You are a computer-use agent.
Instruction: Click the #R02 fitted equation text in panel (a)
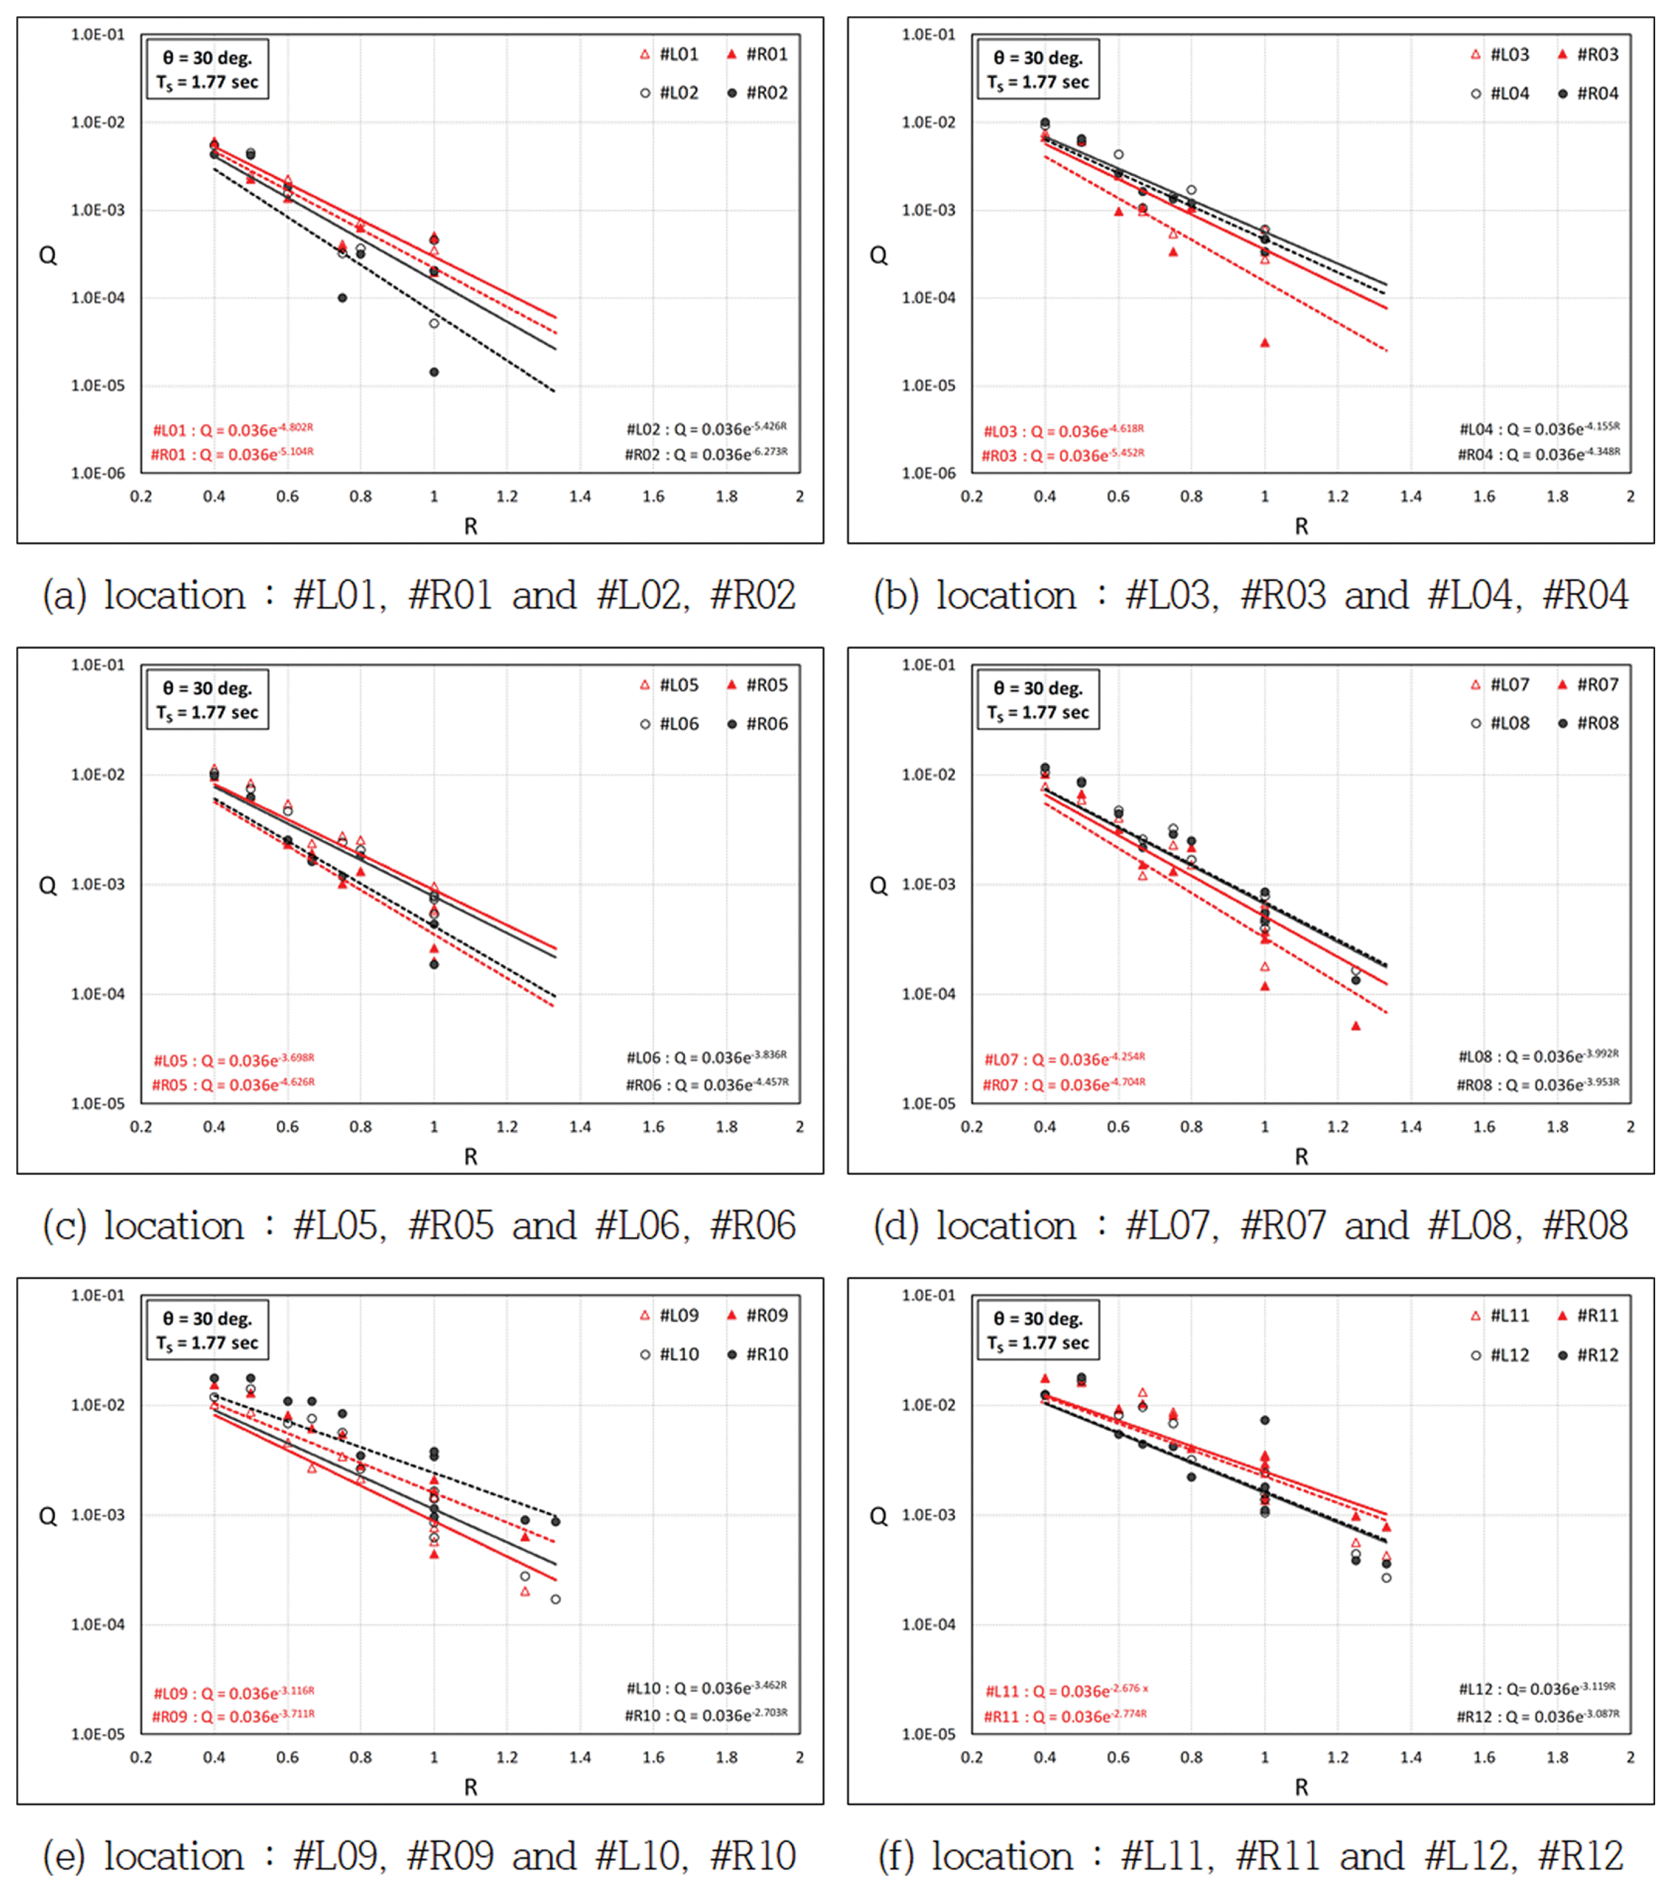705,454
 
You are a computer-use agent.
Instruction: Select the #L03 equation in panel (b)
1063,430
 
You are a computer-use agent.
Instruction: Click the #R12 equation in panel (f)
1538,1716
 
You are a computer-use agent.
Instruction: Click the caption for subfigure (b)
1250,595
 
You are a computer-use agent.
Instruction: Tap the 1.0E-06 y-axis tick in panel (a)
97,473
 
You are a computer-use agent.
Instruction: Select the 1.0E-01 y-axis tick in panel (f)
929,1295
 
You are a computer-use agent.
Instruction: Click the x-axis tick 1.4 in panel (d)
1411,1127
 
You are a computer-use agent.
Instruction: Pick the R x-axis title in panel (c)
470,1157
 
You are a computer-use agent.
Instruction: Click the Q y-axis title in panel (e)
47,1516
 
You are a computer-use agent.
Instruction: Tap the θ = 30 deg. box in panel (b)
1038,69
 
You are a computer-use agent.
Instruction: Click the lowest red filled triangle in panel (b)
1265,343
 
